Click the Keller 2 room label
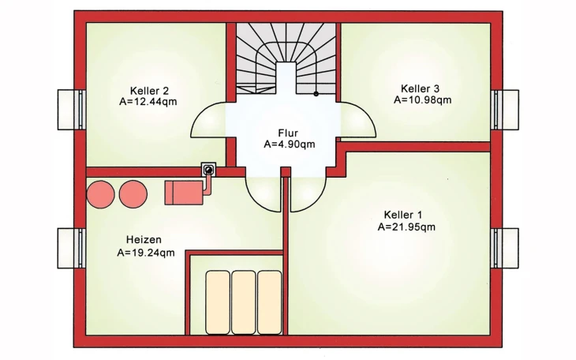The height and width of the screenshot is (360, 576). pyautogui.click(x=149, y=90)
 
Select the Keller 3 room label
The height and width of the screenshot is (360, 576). pyautogui.click(x=421, y=88)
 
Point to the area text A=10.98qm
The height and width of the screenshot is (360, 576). pyautogui.click(x=422, y=100)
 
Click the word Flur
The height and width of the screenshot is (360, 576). pyautogui.click(x=288, y=133)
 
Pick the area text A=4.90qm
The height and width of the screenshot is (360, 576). pyautogui.click(x=289, y=144)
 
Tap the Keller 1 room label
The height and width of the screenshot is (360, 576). pyautogui.click(x=403, y=215)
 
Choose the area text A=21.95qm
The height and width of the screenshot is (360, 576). pyautogui.click(x=406, y=227)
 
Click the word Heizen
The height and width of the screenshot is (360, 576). pyautogui.click(x=144, y=240)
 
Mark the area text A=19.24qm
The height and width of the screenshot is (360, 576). pyautogui.click(x=145, y=253)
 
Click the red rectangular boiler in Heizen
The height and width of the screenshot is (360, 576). pyautogui.click(x=184, y=192)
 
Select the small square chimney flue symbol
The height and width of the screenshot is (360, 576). pyautogui.click(x=208, y=169)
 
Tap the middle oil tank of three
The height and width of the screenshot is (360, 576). pyautogui.click(x=244, y=302)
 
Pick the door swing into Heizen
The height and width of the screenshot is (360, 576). pyautogui.click(x=263, y=194)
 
